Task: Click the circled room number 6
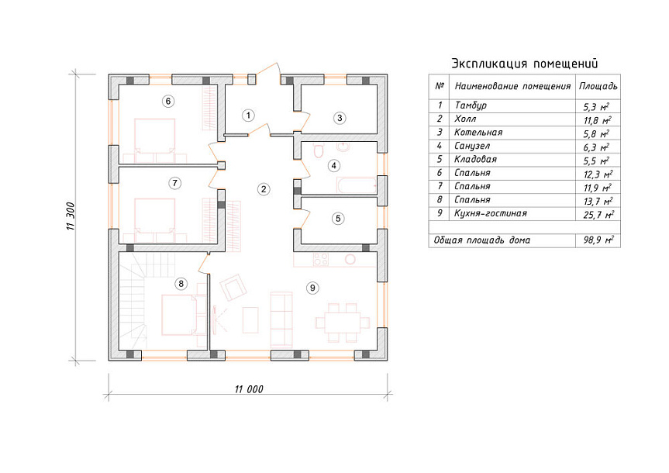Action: (168, 101)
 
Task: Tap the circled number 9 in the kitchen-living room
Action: (312, 288)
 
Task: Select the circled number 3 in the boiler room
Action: (340, 118)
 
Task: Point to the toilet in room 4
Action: (319, 150)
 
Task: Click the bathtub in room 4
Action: (357, 185)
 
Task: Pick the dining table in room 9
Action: (342, 323)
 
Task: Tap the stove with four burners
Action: (321, 259)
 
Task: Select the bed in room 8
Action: (178, 315)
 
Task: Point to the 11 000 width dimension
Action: (249, 389)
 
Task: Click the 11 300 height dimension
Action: (71, 216)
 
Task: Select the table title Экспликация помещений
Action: (524, 64)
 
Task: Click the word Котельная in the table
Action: (478, 133)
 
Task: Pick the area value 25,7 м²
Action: (598, 214)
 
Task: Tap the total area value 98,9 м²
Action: (598, 240)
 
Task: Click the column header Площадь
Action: (598, 86)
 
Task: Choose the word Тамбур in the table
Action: (471, 105)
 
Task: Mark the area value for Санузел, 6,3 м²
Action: (596, 147)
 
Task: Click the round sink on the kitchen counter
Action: (350, 259)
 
